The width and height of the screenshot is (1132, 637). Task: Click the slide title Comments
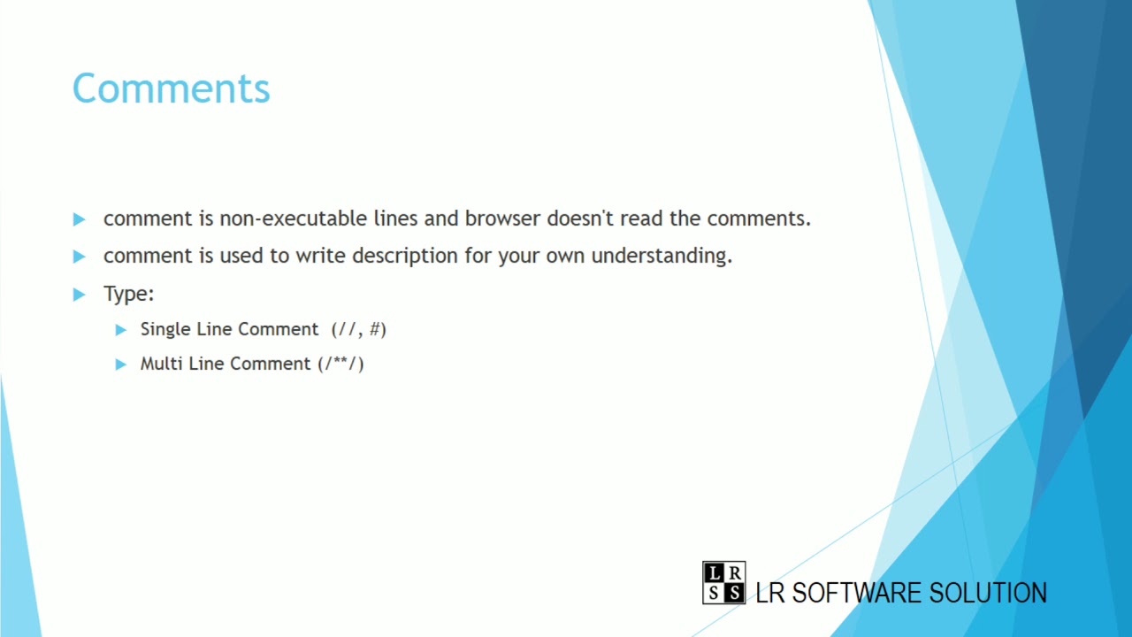[x=171, y=89]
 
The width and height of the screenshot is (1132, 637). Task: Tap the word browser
[x=502, y=219]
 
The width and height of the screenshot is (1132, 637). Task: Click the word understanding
[x=662, y=256]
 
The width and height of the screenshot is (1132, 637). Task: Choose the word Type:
[x=129, y=294]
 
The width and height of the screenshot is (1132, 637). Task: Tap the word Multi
[x=161, y=364]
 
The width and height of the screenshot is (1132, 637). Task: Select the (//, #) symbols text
[x=359, y=329]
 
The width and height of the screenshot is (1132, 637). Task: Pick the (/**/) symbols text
[x=341, y=364]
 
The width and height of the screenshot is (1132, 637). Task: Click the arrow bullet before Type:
[x=80, y=294]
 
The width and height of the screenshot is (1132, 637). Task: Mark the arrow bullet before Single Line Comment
[x=121, y=330]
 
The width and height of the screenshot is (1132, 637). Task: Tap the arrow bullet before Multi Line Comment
[x=121, y=365]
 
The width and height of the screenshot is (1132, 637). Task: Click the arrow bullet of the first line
[x=80, y=219]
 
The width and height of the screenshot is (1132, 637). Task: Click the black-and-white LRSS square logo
[x=723, y=583]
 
